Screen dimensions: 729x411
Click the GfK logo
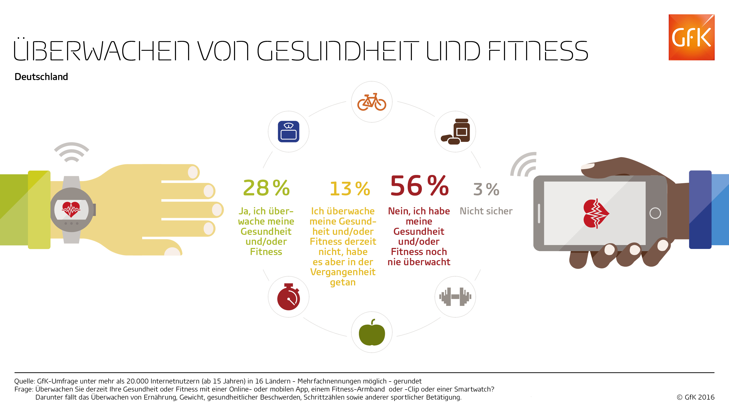click(691, 37)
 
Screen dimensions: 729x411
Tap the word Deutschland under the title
click(41, 77)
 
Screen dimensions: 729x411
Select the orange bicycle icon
click(372, 102)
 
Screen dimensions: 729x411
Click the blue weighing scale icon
click(288, 131)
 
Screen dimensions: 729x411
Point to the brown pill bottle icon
click(455, 131)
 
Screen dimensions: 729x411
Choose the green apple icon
click(372, 332)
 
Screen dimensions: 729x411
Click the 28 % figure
click(266, 188)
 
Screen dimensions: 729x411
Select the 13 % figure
click(350, 189)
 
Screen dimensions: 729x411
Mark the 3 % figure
click(486, 189)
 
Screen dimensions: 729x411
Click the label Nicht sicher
click(486, 211)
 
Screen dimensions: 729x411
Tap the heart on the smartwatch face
click(71, 209)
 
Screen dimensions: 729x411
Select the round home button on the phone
click(655, 213)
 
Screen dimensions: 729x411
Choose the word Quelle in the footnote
click(24, 381)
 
